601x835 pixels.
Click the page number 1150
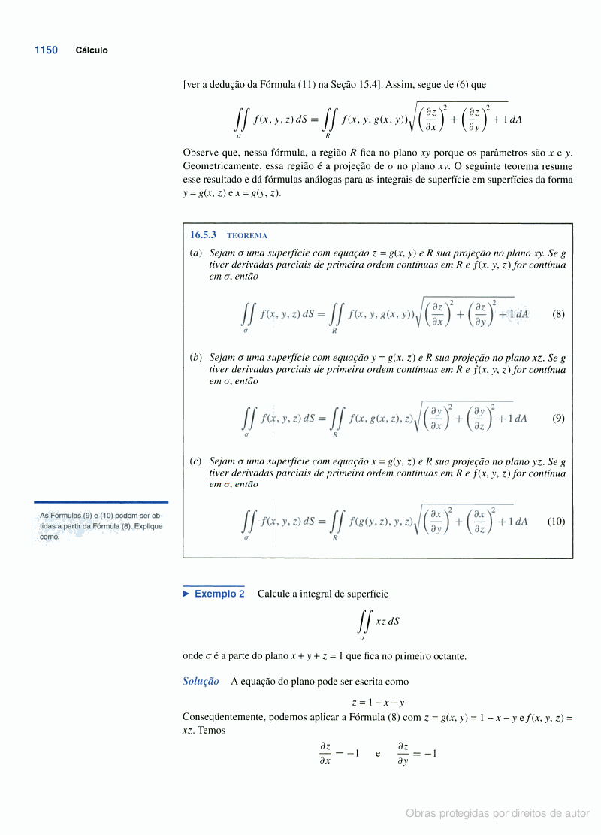(46, 50)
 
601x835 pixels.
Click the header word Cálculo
(92, 50)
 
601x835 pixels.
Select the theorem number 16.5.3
(203, 235)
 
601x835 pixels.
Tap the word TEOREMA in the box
(247, 236)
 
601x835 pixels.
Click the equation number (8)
(558, 314)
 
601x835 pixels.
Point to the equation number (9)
(558, 418)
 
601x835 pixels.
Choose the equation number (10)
(556, 521)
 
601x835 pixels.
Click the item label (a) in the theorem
(195, 253)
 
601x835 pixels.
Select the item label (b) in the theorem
(195, 358)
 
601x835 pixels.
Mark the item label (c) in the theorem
(195, 461)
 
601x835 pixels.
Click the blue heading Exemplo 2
(219, 594)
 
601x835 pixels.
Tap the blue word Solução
(201, 682)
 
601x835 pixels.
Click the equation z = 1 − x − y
(378, 703)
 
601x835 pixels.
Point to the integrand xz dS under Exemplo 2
(387, 621)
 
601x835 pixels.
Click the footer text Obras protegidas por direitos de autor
(497, 813)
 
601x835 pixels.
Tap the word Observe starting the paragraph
(201, 152)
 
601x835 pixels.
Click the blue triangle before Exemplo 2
(186, 594)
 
